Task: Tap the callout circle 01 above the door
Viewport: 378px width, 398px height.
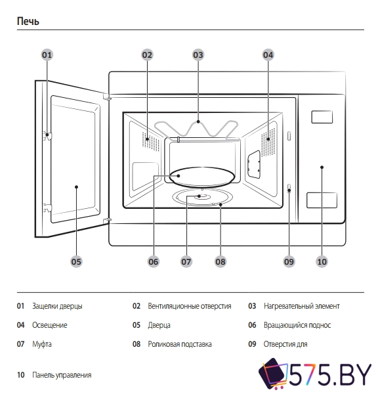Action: tap(47, 55)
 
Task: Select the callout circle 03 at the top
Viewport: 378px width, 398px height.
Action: tap(198, 55)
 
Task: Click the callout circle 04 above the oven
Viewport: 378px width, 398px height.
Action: tap(268, 55)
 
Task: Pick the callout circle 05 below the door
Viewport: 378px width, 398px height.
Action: tap(76, 261)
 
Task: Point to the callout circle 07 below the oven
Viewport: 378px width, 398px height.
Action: tap(186, 261)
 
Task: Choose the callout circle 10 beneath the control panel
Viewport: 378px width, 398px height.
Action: tap(322, 261)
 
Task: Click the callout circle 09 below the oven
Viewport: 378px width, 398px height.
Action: tap(289, 261)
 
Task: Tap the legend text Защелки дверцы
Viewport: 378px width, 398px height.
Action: tap(57, 306)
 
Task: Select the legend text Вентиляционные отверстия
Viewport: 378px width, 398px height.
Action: tap(189, 306)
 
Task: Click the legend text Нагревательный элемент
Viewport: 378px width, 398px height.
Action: tap(302, 306)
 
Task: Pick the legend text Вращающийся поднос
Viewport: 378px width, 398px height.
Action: tap(297, 325)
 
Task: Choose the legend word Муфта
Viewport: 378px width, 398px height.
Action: tap(42, 344)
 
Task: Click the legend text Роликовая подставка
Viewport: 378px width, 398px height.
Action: tap(179, 344)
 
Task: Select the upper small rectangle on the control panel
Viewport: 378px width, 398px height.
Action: tap(322, 117)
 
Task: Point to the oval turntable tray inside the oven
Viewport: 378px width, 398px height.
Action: tap(202, 176)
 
